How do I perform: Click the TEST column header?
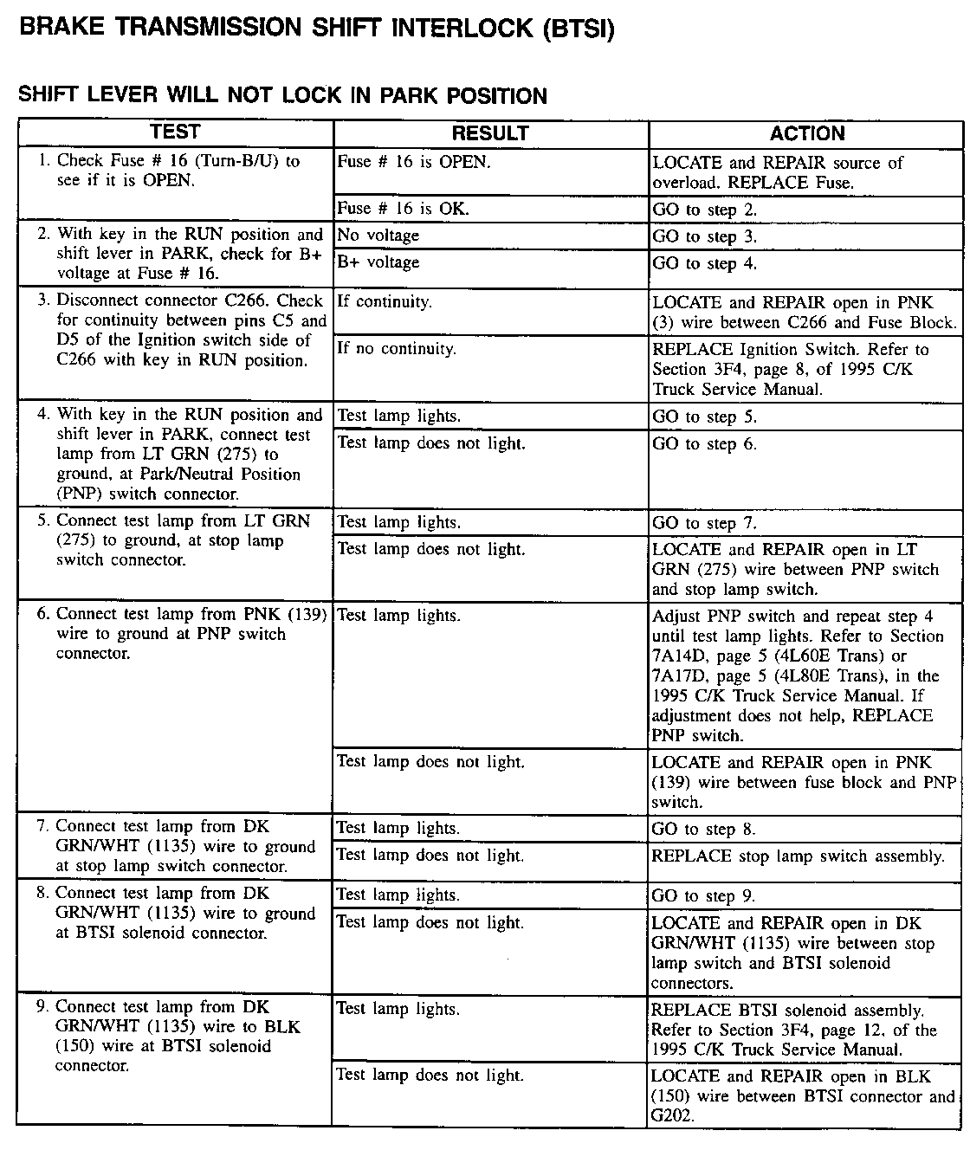(x=175, y=132)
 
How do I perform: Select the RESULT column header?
(x=490, y=133)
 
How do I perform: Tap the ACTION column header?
(x=806, y=133)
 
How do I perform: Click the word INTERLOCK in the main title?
(x=464, y=29)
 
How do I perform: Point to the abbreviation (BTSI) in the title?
(x=579, y=29)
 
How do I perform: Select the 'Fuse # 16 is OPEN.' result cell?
(x=413, y=162)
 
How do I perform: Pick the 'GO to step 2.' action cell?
(x=705, y=210)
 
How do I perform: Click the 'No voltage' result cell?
(x=378, y=235)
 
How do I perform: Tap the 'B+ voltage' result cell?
(x=378, y=262)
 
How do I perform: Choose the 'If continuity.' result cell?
(x=384, y=302)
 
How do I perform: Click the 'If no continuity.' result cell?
(x=396, y=349)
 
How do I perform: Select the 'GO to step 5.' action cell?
(x=705, y=417)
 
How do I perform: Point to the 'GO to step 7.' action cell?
(x=705, y=523)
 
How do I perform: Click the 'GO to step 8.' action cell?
(x=705, y=829)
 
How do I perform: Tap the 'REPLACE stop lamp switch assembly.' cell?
(x=798, y=856)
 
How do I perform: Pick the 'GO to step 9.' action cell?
(x=705, y=896)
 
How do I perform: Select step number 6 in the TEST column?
(x=42, y=614)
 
